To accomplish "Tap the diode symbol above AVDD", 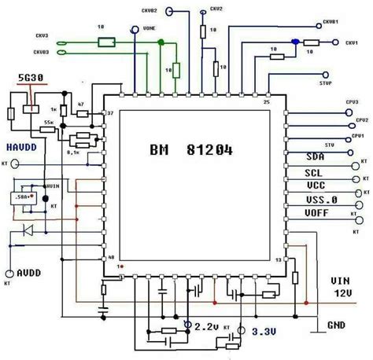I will point(29,231).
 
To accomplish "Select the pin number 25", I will point(266,102).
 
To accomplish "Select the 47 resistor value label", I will point(81,104).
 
